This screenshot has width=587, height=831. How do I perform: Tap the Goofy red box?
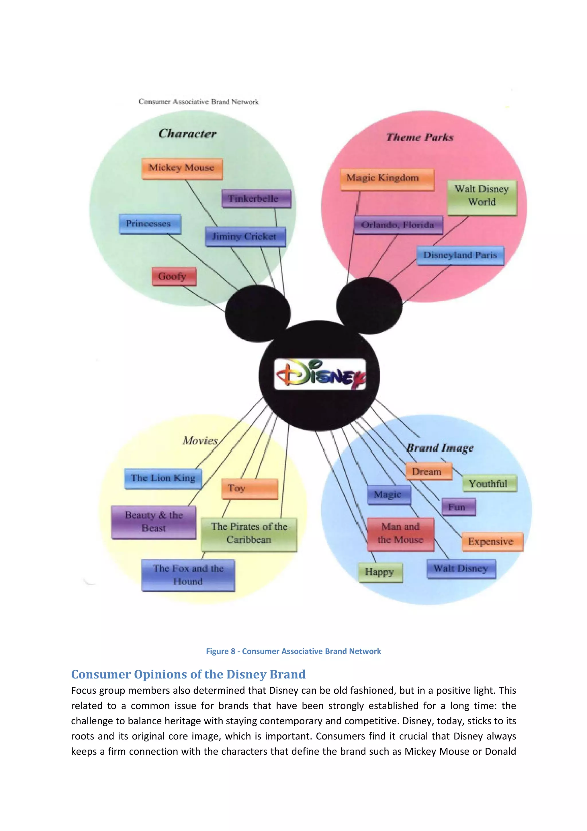tap(174, 276)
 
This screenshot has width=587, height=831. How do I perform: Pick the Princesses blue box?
tap(149, 224)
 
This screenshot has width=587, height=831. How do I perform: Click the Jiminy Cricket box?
tap(245, 236)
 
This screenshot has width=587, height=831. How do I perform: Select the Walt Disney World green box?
tap(482, 197)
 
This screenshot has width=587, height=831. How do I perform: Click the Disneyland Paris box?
tap(460, 255)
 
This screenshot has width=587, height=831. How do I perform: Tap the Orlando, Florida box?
tap(398, 225)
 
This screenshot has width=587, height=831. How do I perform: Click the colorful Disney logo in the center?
tap(320, 374)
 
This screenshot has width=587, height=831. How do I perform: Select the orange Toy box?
tap(249, 489)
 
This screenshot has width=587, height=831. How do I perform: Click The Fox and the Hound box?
tap(188, 575)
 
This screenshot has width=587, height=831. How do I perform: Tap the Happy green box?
tap(380, 572)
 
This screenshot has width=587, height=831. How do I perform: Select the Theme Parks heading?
tap(420, 137)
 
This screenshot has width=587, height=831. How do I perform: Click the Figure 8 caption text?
tap(293, 651)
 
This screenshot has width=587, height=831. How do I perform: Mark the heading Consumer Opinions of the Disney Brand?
tap(188, 674)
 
